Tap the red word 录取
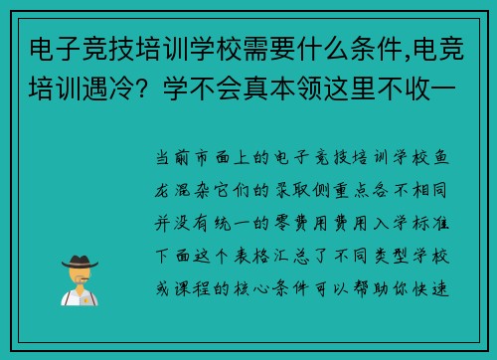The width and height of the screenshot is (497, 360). [274, 185]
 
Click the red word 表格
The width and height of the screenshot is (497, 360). [274, 245]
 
